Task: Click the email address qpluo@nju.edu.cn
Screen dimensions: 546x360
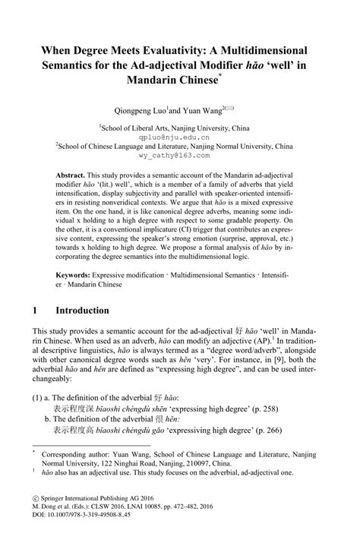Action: coord(179,137)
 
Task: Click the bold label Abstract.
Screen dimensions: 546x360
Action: coord(75,175)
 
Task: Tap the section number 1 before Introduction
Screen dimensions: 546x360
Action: coord(35,311)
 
